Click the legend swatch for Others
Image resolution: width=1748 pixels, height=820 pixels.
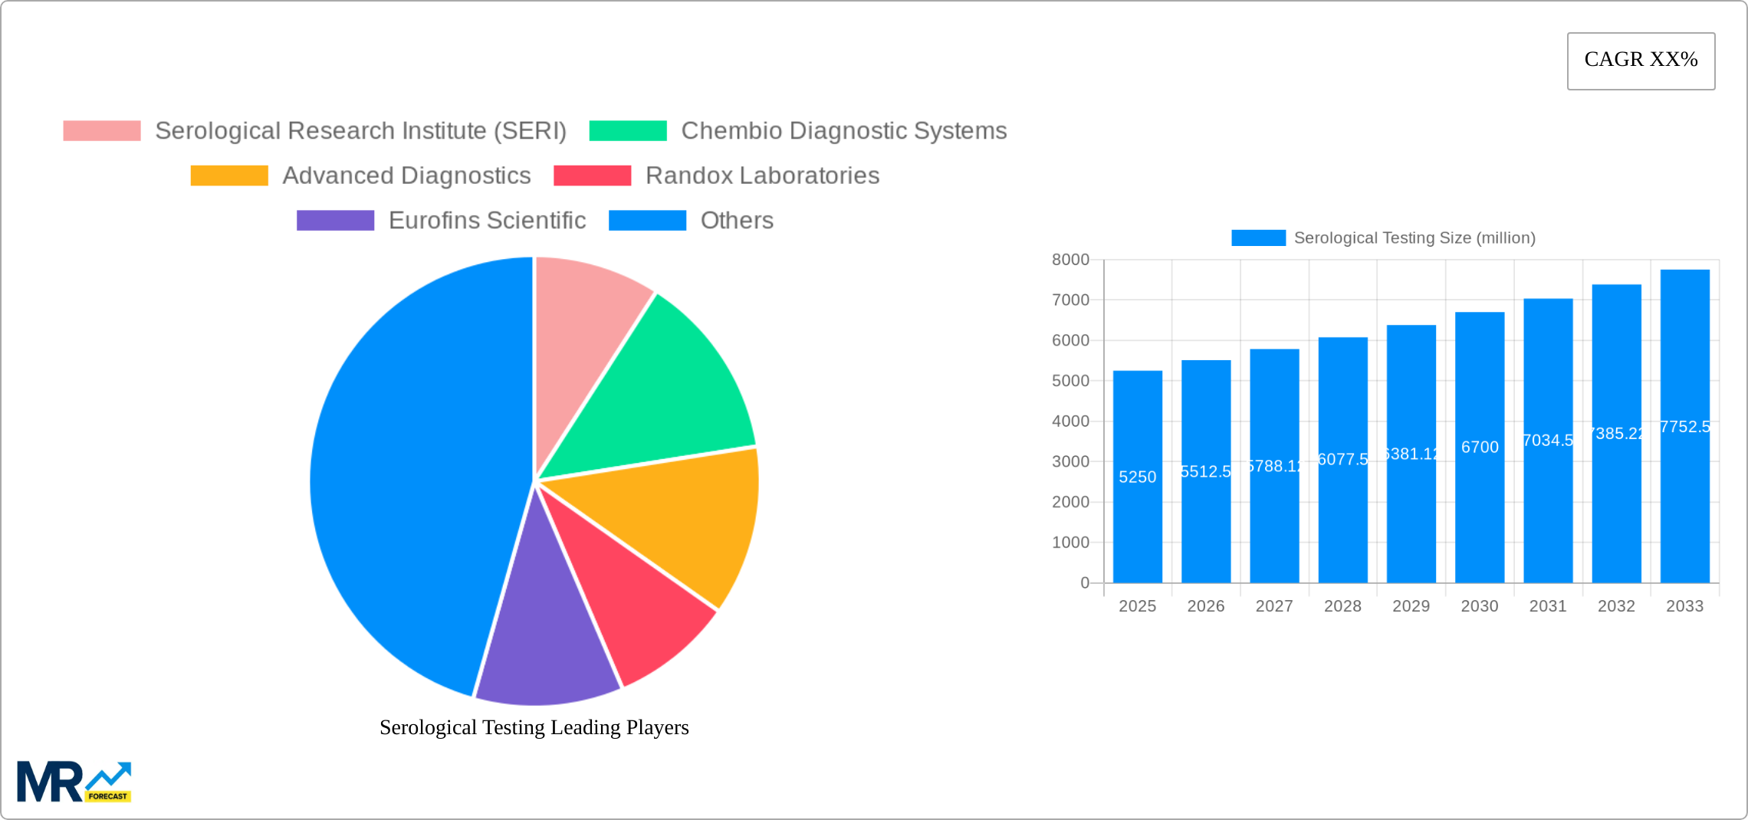(x=647, y=221)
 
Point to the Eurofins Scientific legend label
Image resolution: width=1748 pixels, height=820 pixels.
(x=487, y=221)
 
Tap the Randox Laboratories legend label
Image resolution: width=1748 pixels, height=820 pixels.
(x=762, y=175)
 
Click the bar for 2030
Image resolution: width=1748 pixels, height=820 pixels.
(x=1479, y=521)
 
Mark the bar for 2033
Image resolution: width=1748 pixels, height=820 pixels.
(x=1684, y=521)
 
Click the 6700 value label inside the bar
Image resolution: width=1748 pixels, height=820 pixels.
(x=1479, y=447)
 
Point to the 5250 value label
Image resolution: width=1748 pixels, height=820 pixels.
(x=1137, y=477)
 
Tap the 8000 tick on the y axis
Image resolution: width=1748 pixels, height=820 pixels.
(x=1070, y=260)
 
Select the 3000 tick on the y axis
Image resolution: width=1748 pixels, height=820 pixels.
(x=1070, y=461)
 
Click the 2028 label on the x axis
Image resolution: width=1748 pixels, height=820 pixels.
(x=1342, y=606)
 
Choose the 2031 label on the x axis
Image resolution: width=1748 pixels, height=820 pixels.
(x=1547, y=606)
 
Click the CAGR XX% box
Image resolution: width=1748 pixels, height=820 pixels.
(x=1641, y=61)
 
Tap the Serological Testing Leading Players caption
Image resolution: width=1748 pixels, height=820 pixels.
(x=534, y=727)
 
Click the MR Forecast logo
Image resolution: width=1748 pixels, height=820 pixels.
(x=74, y=782)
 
